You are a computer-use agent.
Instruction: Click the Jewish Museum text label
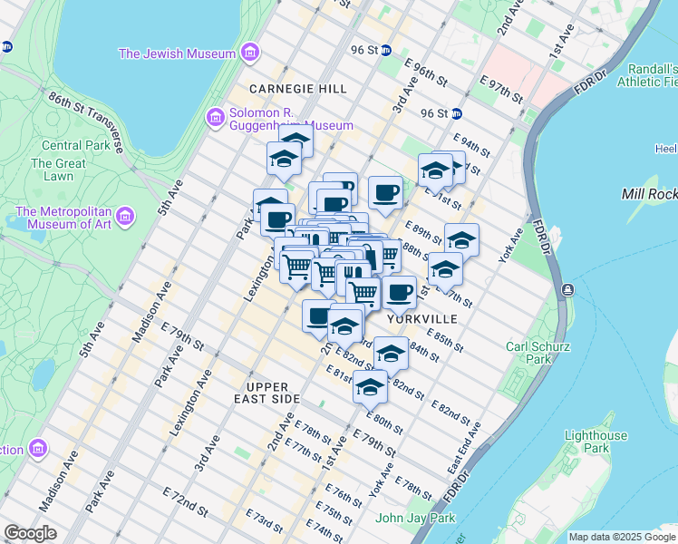(x=178, y=53)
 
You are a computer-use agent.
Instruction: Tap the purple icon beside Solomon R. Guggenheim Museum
(x=216, y=116)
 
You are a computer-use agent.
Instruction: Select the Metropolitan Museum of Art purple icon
(x=126, y=216)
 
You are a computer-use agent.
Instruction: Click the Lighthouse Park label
(x=595, y=442)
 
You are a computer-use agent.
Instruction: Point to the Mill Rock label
(x=649, y=194)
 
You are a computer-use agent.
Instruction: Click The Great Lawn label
(x=58, y=170)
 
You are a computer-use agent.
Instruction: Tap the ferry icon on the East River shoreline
(x=567, y=289)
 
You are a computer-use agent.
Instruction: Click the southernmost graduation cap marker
(x=369, y=386)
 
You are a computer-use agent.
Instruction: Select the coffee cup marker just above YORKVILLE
(x=399, y=292)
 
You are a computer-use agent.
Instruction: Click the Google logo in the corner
(x=30, y=533)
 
